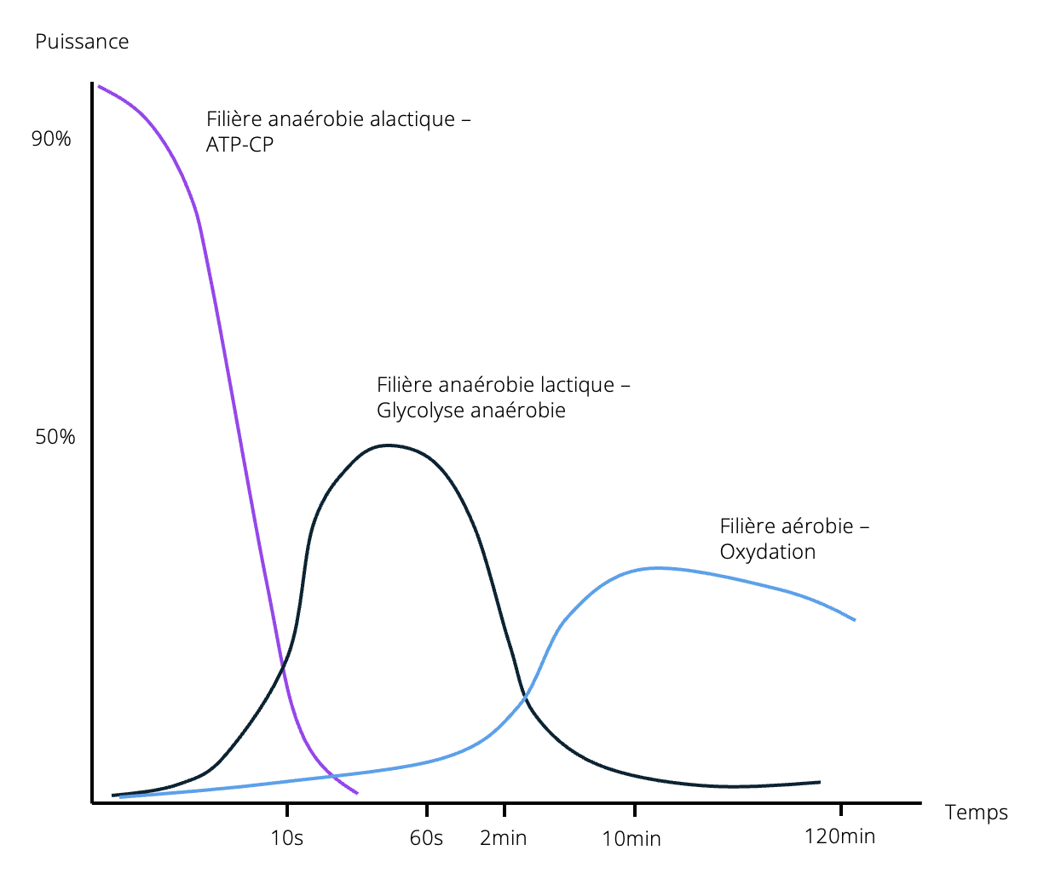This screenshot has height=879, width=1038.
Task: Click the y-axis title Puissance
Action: (82, 42)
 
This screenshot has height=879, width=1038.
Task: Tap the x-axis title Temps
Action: (976, 813)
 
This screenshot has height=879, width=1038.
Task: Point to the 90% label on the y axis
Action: (51, 139)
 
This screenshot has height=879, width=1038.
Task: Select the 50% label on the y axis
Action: (55, 437)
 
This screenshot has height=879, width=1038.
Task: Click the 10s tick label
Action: (286, 838)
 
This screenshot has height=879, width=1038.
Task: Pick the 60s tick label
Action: (426, 838)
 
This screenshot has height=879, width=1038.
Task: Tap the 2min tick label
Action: (504, 838)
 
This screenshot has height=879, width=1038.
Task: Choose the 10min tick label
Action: (631, 839)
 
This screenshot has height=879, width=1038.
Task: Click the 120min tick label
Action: (839, 836)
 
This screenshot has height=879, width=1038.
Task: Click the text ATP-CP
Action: (239, 145)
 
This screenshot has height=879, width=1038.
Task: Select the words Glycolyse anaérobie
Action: (470, 411)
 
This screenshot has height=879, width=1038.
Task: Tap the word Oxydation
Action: (767, 552)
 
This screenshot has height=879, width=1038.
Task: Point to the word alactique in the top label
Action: (413, 118)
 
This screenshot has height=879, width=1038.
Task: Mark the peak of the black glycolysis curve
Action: (388, 445)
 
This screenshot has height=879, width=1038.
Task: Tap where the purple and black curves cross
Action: (284, 667)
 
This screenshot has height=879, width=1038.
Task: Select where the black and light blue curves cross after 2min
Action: (525, 698)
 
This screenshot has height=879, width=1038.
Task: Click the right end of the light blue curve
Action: (854, 620)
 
